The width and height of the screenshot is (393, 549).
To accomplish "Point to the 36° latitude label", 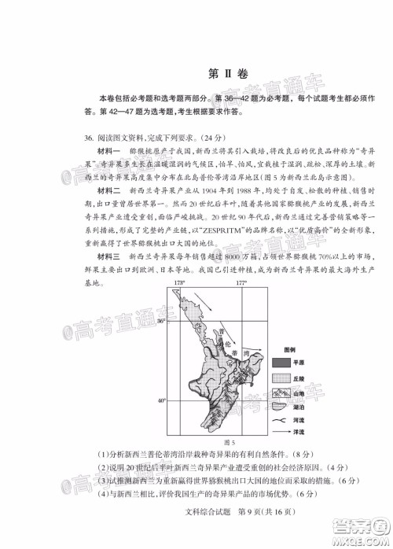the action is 163,322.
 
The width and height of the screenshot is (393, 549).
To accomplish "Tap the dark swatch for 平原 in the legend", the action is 281,363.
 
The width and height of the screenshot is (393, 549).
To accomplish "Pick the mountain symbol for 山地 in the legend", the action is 281,393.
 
